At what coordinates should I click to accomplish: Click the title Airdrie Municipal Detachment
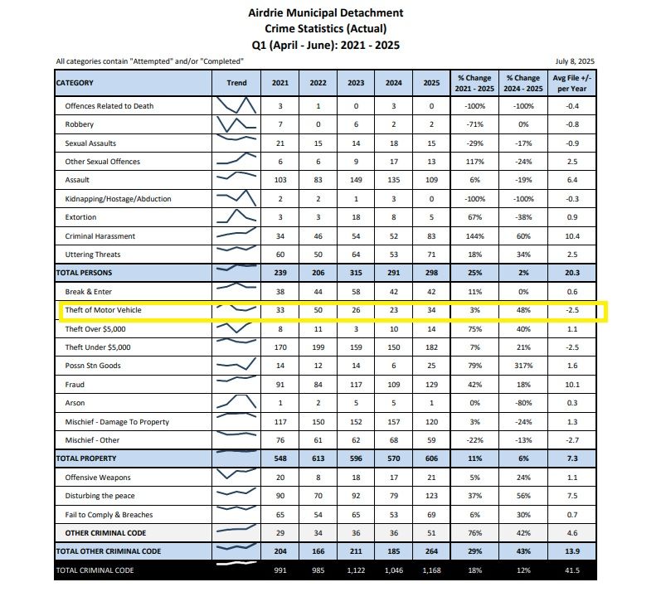click(x=326, y=12)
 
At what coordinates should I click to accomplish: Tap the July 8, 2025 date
click(x=575, y=61)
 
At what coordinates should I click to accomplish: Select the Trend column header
click(x=236, y=83)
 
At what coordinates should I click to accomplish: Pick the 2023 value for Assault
click(x=356, y=180)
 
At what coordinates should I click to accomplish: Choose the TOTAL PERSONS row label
click(x=84, y=273)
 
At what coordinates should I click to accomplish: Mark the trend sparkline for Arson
click(x=236, y=403)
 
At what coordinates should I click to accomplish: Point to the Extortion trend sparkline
click(x=236, y=217)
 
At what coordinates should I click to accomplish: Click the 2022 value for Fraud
click(x=318, y=385)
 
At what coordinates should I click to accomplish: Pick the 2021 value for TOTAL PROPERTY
click(x=280, y=458)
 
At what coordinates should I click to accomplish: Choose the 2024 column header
click(x=393, y=83)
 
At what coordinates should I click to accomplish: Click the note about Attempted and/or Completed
click(x=149, y=61)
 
